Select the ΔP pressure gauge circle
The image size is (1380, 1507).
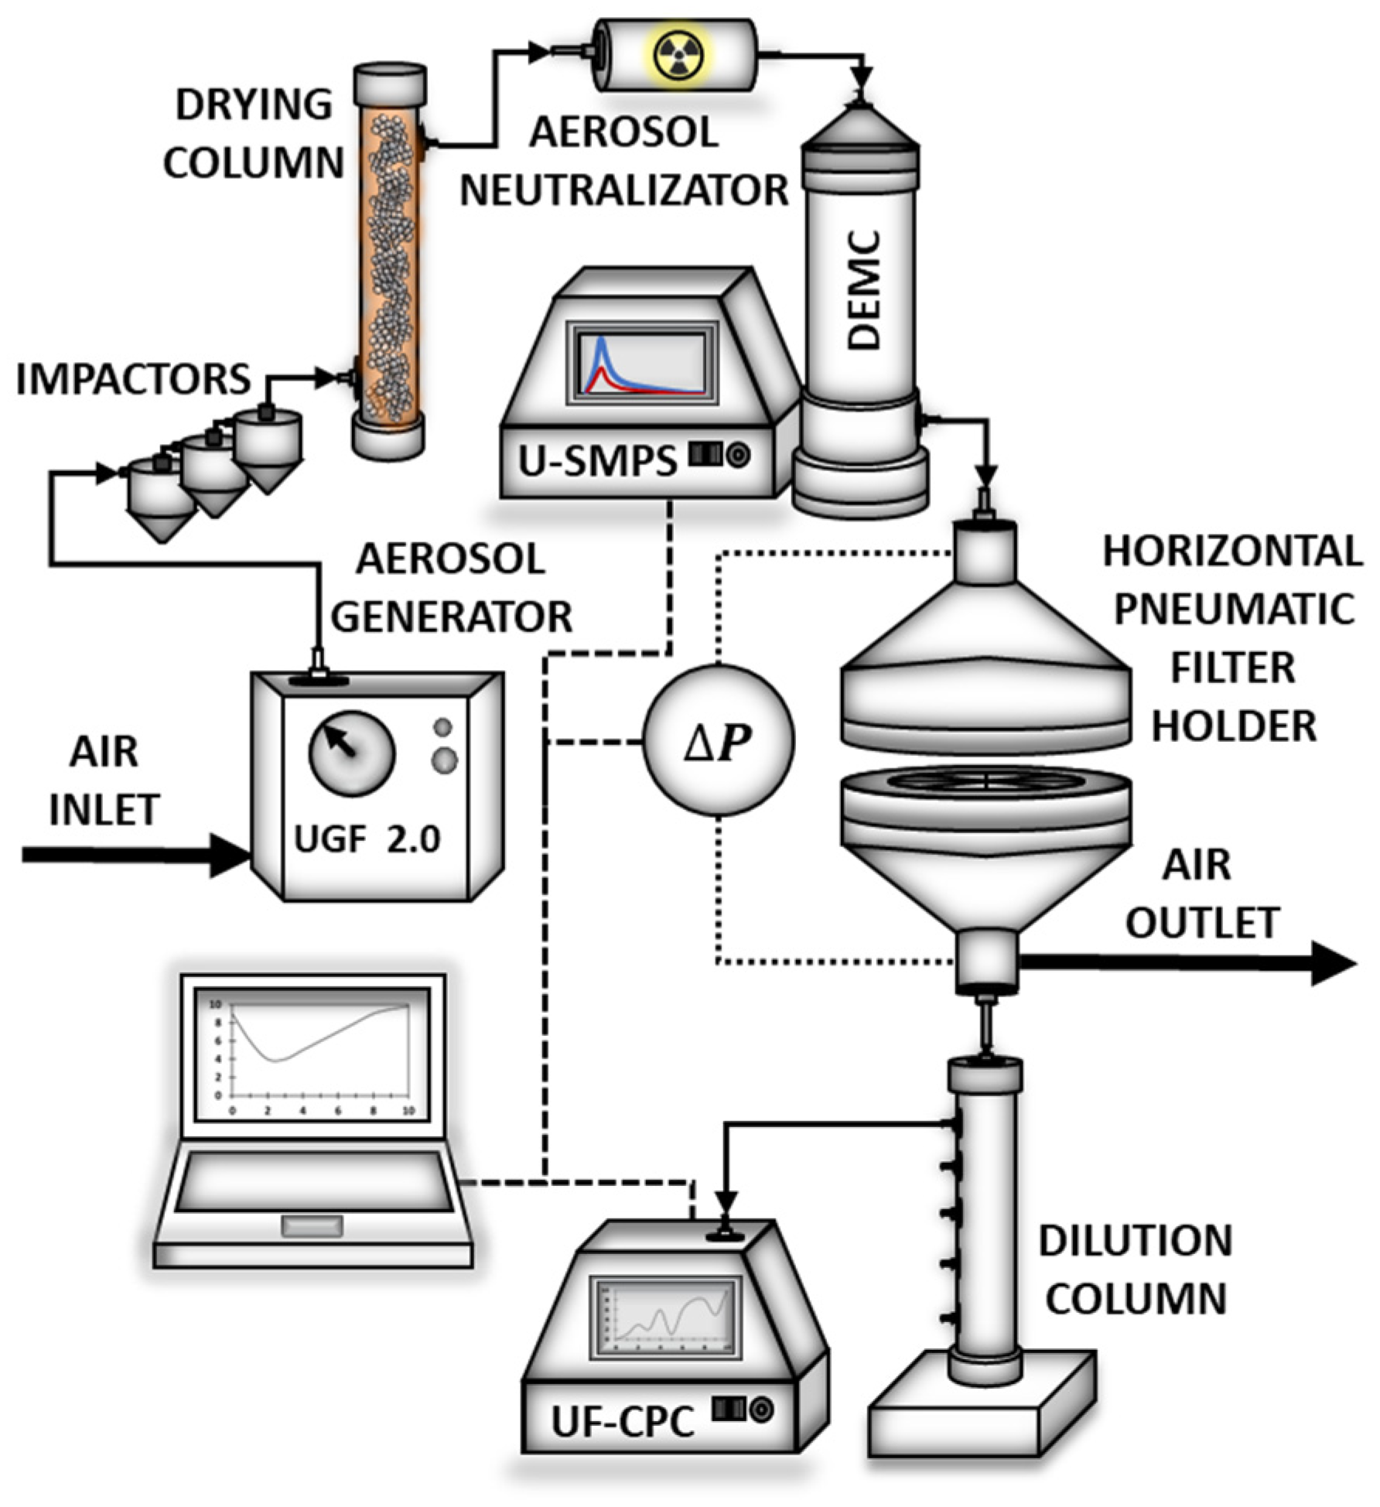[x=719, y=740]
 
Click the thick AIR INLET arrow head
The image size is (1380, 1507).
[x=231, y=855]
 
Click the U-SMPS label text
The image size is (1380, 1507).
[x=597, y=462]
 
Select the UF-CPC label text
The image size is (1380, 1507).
[x=623, y=1420]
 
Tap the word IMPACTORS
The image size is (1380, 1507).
[x=133, y=379]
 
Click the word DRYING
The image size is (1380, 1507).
[x=254, y=104]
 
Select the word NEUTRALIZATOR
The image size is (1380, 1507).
[x=623, y=190]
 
